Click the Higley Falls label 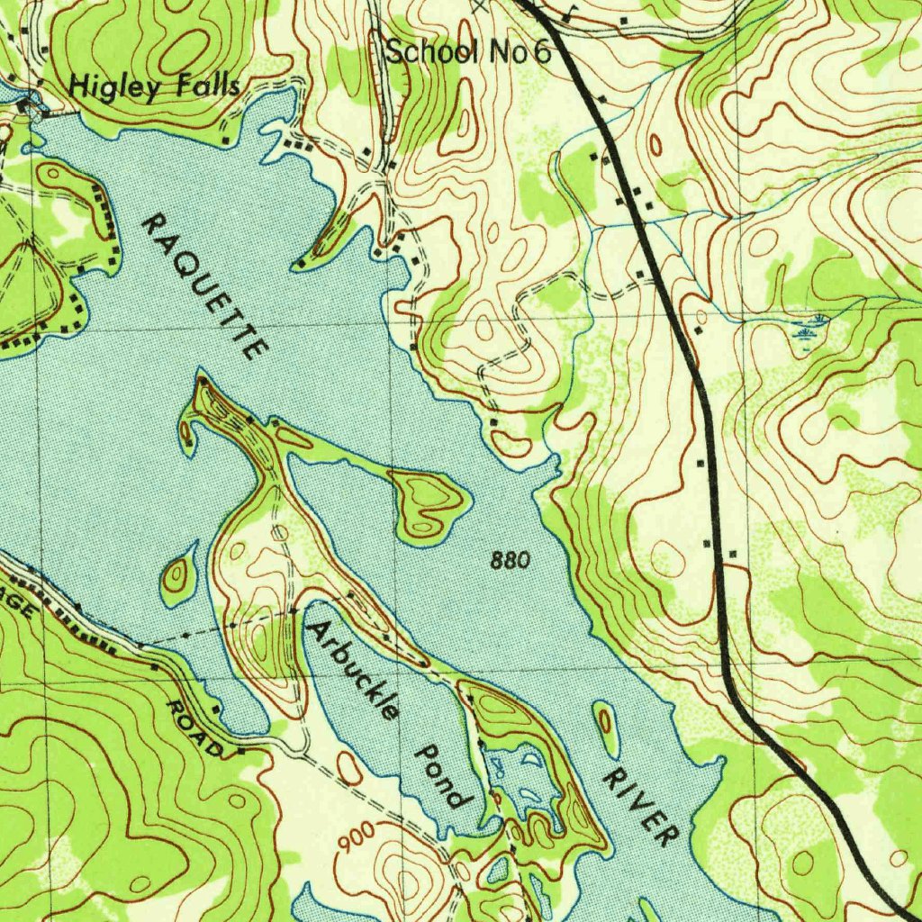tap(155, 86)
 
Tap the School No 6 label tap(467, 52)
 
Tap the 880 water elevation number tap(511, 562)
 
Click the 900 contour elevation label tap(358, 843)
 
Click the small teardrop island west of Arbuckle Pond tap(179, 574)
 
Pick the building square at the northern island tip tap(202, 382)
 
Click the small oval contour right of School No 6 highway tap(655, 144)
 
